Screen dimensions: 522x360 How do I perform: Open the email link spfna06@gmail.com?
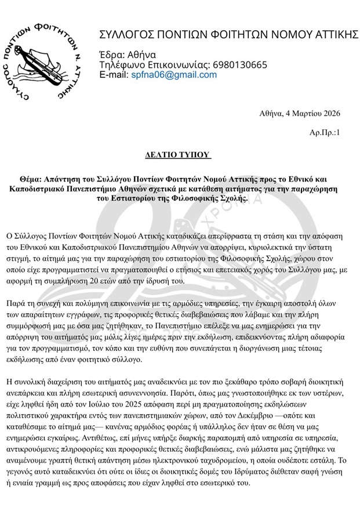point(165,75)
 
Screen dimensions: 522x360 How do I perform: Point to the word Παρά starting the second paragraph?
point(14,303)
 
